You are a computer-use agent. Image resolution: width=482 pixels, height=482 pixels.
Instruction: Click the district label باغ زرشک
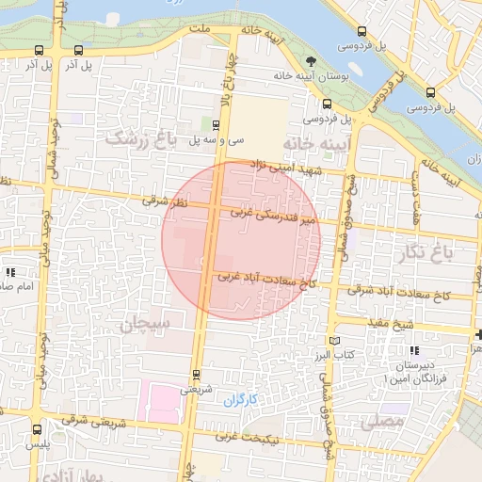[141, 139]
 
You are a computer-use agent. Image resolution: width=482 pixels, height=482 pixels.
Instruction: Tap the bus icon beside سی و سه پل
[217, 124]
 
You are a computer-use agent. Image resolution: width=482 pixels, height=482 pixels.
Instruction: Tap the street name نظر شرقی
[166, 201]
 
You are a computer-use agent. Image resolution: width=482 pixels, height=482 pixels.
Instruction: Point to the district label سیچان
[144, 325]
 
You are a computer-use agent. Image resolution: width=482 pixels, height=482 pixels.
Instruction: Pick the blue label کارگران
[240, 400]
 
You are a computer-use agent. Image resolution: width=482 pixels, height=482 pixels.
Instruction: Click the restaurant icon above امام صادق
[10, 271]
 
